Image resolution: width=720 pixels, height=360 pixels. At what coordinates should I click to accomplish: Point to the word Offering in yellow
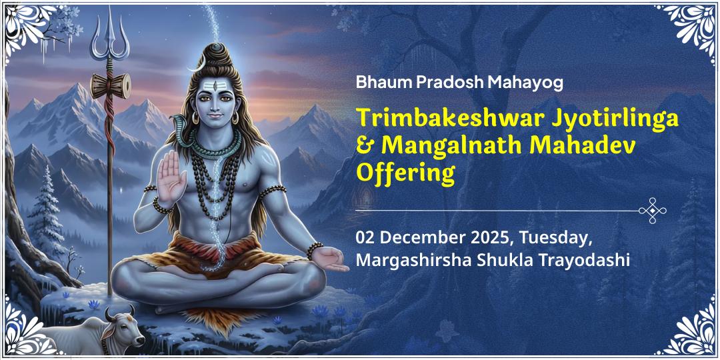[405, 173]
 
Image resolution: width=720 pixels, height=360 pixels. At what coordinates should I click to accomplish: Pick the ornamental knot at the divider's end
[652, 211]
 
